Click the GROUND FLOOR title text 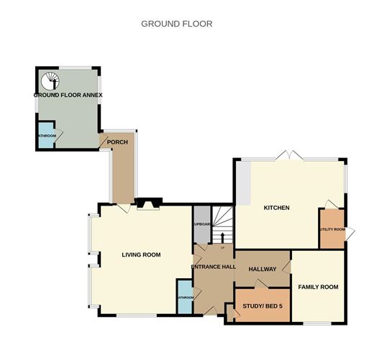[176, 24]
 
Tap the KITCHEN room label [276, 208]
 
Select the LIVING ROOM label [141, 254]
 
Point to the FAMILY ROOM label [318, 287]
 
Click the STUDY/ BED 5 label [263, 306]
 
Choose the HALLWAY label [262, 269]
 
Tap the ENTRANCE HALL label [213, 267]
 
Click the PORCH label [117, 142]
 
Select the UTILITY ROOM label [332, 230]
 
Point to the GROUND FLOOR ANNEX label [68, 95]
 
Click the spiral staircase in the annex [50, 80]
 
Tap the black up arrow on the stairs [222, 236]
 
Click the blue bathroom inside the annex [46, 138]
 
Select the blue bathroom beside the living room [185, 297]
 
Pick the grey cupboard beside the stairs [201, 223]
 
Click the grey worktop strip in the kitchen [244, 183]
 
